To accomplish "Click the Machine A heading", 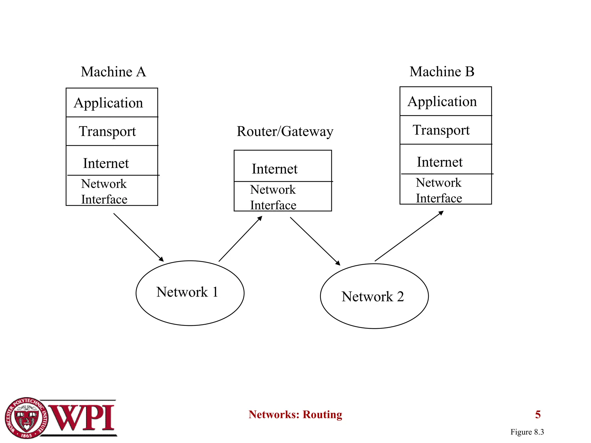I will click(113, 72).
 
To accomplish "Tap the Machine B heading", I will click(442, 72).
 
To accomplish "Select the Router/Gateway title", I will click(285, 132).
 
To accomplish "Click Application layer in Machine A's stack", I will click(112, 103).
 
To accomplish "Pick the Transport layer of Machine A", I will click(112, 132).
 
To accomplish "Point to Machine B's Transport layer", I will click(445, 130).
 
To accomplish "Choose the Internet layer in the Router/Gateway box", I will click(283, 166).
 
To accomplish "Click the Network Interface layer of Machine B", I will click(445, 189).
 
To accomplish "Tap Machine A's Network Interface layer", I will click(112, 191).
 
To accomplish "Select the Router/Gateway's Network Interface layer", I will click(283, 197).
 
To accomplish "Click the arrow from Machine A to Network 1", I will click(139, 237).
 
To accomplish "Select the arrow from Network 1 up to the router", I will click(240, 239).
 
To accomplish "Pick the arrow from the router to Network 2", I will click(315, 241).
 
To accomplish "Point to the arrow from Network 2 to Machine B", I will click(409, 236).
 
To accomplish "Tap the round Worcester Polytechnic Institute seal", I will click(27, 418).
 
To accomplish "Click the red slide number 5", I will click(538, 415).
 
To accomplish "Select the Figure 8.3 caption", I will click(527, 432).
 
